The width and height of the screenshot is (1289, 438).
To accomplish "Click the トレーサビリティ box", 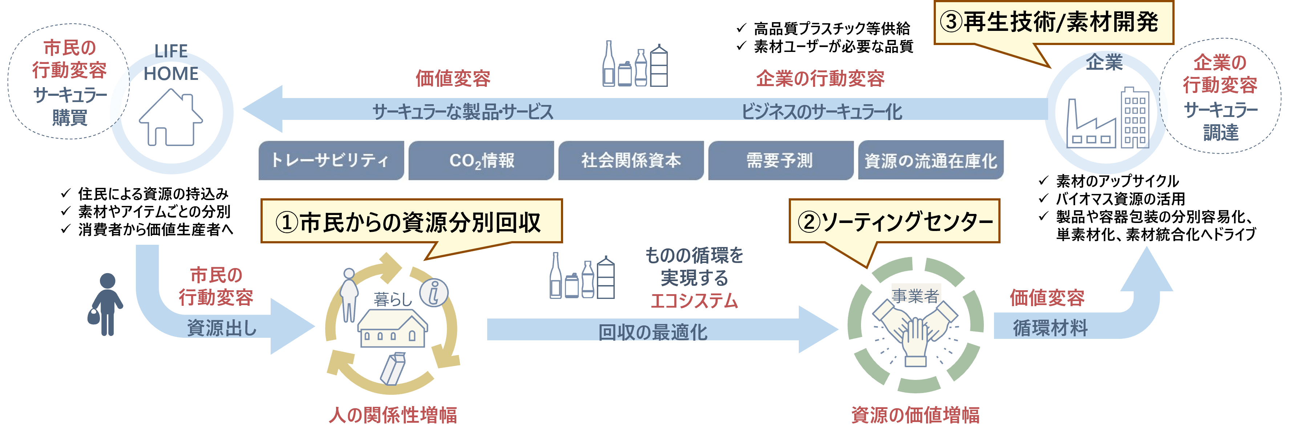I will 331,161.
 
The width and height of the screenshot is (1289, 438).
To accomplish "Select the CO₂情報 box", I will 481,161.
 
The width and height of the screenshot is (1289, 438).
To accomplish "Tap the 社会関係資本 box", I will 631,161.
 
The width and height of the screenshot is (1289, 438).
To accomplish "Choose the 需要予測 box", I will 780,161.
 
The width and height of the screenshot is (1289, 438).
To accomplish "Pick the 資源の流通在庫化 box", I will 931,161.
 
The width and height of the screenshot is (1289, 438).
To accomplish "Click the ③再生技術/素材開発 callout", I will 1053,23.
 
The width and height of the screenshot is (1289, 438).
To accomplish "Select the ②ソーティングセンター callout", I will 894,222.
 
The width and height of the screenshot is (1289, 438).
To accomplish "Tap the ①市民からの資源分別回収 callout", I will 411,222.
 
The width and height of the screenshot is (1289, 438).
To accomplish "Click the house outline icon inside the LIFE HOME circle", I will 171,118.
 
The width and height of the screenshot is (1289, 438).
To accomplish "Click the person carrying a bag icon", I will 106,304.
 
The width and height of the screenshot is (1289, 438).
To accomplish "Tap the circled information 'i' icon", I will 434,292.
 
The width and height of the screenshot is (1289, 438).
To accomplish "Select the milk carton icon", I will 393,369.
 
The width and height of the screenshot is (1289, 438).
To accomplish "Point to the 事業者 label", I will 915,295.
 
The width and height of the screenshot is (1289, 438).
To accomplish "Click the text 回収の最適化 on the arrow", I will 653,332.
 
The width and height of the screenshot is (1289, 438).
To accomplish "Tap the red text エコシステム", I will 695,300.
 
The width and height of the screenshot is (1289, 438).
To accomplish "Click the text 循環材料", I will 1050,328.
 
